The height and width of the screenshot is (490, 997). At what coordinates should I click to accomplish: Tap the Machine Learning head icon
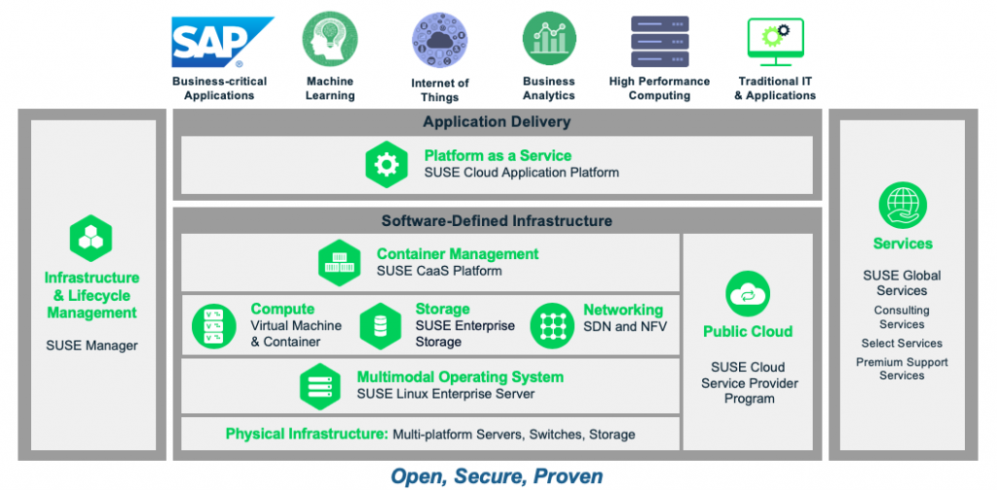(329, 38)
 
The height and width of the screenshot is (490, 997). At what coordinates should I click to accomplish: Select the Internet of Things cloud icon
(439, 42)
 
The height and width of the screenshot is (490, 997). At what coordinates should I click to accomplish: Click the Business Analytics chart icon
(548, 39)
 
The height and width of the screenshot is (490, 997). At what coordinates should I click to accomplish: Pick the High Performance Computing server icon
(659, 41)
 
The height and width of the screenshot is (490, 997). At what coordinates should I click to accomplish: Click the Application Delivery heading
(497, 122)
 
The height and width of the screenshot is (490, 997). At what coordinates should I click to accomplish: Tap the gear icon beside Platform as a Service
(387, 165)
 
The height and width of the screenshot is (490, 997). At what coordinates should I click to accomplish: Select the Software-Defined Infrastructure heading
(497, 221)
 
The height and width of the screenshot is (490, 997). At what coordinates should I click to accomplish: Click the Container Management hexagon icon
(340, 262)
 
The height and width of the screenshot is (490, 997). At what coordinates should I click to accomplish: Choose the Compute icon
(214, 326)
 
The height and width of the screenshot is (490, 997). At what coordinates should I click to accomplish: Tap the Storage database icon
(381, 326)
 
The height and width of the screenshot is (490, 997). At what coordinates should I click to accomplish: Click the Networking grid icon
(552, 326)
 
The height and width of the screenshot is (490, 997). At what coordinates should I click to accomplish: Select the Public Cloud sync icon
(748, 294)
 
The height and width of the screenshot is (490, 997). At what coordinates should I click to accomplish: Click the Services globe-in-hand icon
(902, 206)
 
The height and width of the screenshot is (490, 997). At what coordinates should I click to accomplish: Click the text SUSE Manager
(92, 345)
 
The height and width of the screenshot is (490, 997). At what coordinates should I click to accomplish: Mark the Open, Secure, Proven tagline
(497, 475)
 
